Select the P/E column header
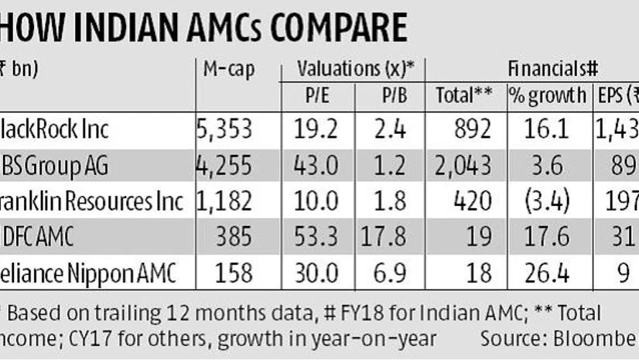(x=319, y=96)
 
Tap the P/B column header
(x=389, y=96)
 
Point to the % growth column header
(x=547, y=96)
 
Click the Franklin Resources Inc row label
(x=93, y=201)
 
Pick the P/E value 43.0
(x=319, y=166)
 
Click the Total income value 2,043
(x=464, y=166)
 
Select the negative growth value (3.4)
(x=547, y=201)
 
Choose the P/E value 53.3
(x=319, y=237)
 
